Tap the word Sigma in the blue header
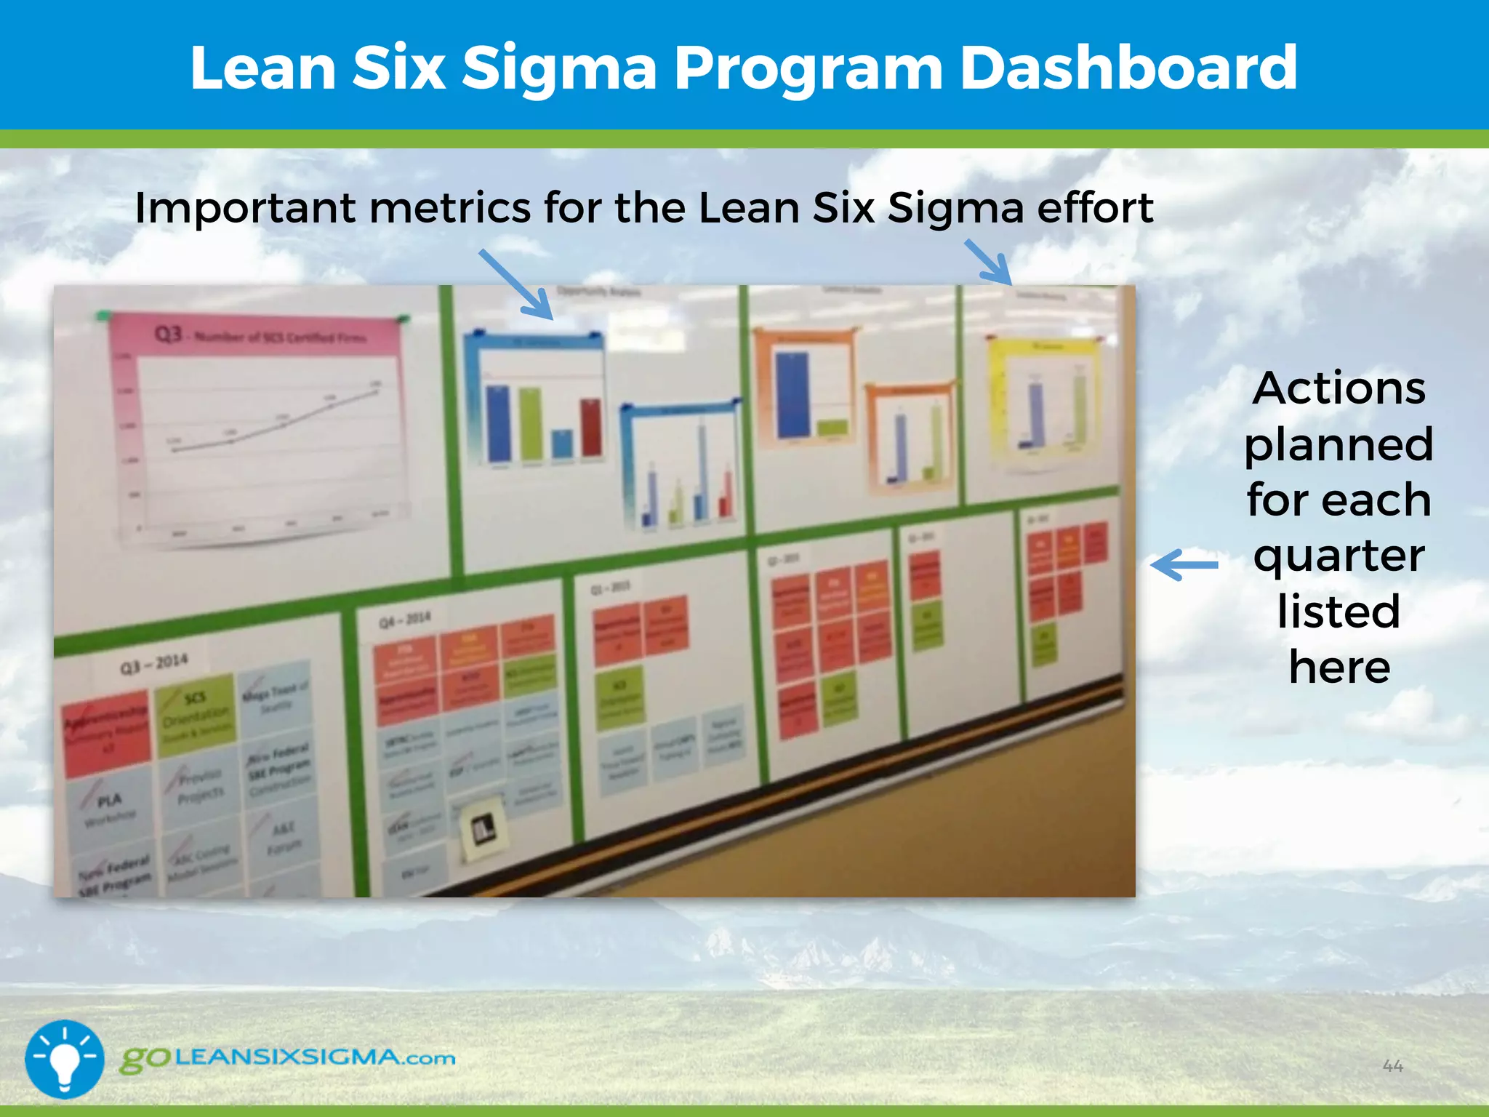[559, 68]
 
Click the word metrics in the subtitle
[450, 208]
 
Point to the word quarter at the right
[1339, 556]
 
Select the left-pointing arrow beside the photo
[1184, 564]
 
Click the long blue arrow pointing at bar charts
[515, 284]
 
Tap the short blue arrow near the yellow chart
[989, 262]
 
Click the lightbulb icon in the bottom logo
[64, 1058]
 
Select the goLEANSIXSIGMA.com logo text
[288, 1058]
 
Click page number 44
[1392, 1066]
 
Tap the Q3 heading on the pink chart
[168, 334]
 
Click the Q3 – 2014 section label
[153, 664]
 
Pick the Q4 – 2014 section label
[405, 620]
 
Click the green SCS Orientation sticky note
[196, 715]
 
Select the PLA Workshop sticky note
[110, 808]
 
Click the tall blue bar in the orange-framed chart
[792, 393]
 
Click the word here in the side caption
[1339, 668]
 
